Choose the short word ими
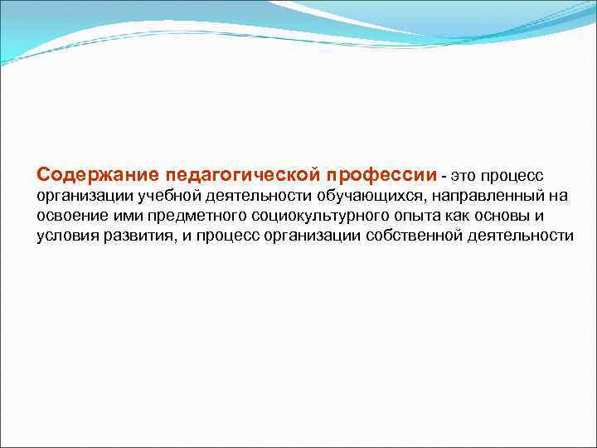[x=121, y=217]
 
